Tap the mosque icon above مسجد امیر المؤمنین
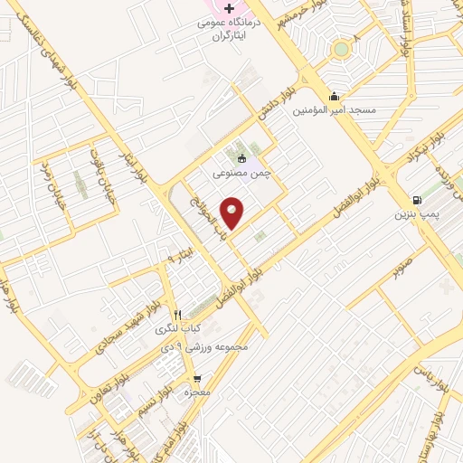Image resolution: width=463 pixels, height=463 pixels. pos(335,96)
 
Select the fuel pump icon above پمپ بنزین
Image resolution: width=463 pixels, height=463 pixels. pos(416,200)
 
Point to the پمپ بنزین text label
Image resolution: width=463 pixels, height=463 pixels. pos(416,215)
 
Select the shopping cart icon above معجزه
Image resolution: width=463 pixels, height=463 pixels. pos(197,379)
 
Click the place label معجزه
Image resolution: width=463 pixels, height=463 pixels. pos(197,393)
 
